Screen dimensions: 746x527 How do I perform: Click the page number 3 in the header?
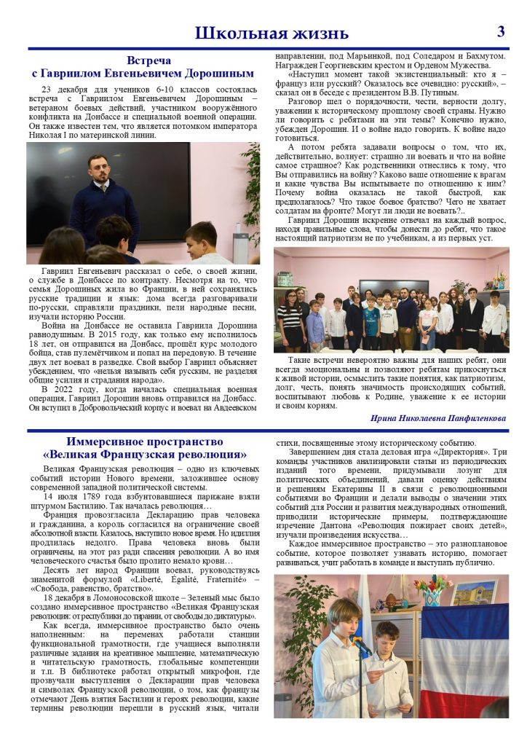point(501,31)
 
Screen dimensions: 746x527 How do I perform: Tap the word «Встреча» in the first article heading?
point(148,60)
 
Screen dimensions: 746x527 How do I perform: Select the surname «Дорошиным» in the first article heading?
point(218,74)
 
